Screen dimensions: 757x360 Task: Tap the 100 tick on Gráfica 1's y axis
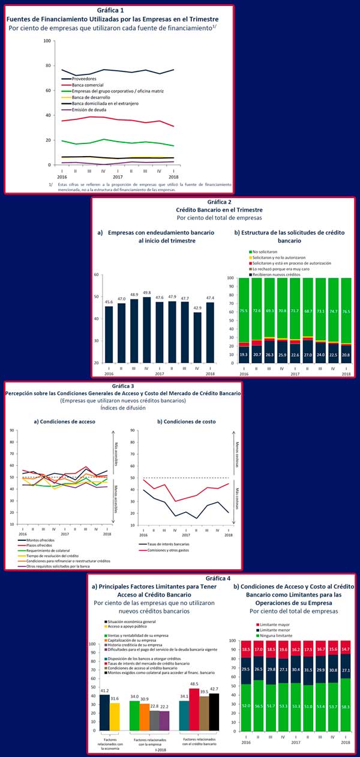click(x=46, y=41)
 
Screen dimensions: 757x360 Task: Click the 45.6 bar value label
click(x=109, y=301)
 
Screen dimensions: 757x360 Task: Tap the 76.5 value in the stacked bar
click(x=346, y=311)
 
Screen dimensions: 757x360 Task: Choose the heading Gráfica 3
click(x=125, y=386)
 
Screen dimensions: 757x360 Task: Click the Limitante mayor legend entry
click(x=275, y=624)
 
